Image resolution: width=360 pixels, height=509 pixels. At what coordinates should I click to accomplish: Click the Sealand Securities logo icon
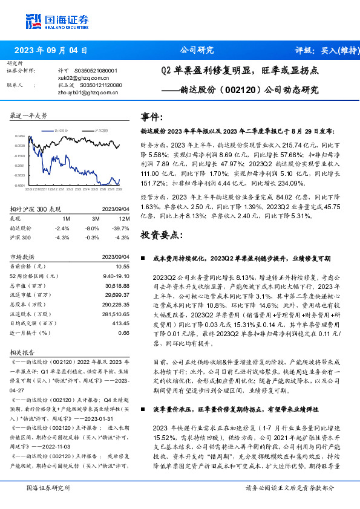point(33,20)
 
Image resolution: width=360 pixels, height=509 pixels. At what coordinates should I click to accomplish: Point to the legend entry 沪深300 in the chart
point(102,130)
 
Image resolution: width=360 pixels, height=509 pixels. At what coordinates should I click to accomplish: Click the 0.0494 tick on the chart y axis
point(20,137)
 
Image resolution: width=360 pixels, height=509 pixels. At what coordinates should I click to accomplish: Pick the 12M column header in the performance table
point(125,218)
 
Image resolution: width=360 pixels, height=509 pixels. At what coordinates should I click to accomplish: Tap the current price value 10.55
point(123,266)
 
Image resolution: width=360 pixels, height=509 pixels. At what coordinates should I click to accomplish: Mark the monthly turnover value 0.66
point(124,332)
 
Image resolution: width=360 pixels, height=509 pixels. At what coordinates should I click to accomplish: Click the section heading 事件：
point(152,117)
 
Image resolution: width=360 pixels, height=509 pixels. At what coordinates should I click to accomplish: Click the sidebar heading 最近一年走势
point(29,115)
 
